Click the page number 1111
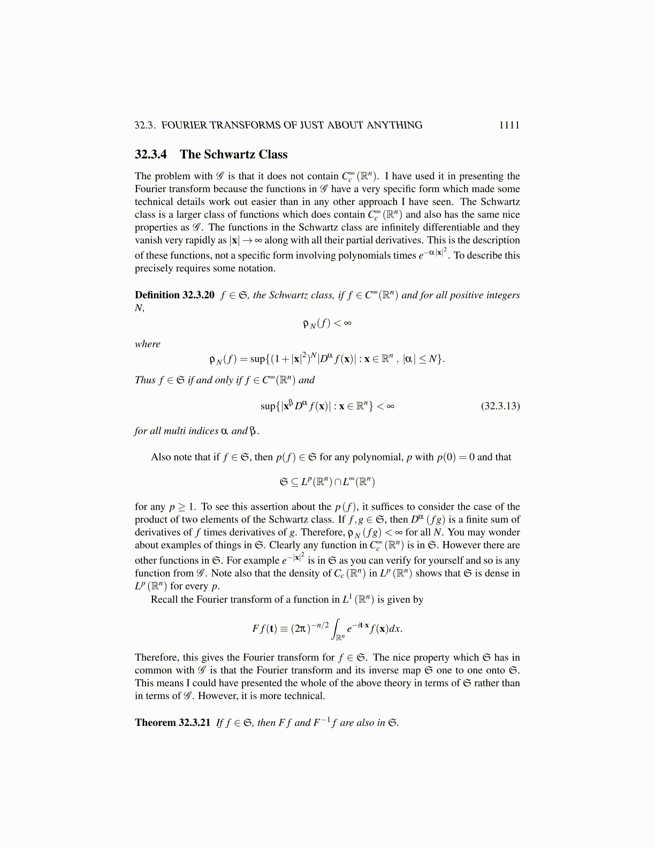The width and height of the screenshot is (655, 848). coord(509,125)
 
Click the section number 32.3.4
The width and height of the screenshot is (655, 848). coord(150,155)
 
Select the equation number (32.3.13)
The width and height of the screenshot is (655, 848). coord(500,406)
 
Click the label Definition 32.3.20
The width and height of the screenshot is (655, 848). coord(174,295)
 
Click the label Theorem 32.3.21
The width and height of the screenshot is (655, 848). coord(172,723)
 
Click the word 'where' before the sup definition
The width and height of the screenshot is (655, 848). coord(147,344)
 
